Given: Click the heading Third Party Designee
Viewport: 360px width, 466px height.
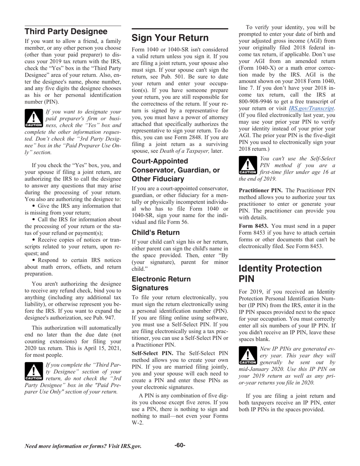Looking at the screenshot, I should click(x=66, y=31).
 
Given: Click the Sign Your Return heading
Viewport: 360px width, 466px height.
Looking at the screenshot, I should click(x=170, y=38).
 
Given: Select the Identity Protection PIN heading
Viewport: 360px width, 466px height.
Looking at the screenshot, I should click(x=280, y=274).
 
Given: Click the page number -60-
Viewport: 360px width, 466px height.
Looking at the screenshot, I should click(x=180, y=445).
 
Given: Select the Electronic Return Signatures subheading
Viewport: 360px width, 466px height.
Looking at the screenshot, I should click(x=161, y=283).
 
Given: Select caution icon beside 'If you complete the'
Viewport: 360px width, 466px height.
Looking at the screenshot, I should click(x=33, y=372).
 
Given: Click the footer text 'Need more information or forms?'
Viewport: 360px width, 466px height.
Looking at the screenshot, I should click(x=83, y=446).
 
